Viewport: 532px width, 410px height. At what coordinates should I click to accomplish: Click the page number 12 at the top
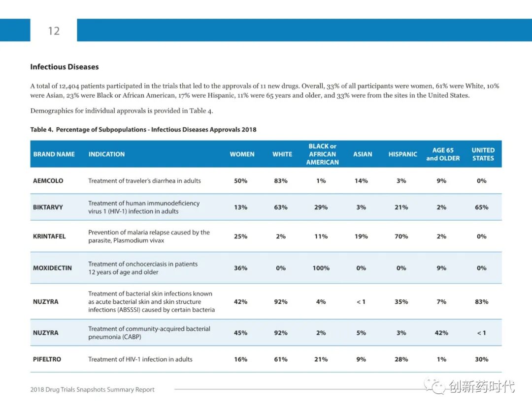click(x=54, y=31)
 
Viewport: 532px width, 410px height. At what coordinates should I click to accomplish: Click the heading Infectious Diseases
click(x=65, y=67)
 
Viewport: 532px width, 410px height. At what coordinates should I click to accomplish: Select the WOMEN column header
click(x=242, y=154)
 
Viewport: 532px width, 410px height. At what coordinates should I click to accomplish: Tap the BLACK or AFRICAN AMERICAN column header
click(x=323, y=154)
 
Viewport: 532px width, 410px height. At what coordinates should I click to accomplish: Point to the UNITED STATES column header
click(x=483, y=154)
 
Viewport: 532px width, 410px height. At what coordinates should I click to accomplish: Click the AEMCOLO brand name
click(x=48, y=181)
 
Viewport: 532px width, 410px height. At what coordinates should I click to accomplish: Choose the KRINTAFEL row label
click(x=49, y=236)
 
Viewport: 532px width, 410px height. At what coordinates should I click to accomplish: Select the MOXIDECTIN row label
click(x=52, y=268)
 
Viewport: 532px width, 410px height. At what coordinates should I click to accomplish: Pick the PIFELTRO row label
click(x=47, y=359)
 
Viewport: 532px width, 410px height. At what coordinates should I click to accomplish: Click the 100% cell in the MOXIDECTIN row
click(x=321, y=268)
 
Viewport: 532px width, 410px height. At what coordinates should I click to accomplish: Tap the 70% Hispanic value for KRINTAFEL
click(x=401, y=236)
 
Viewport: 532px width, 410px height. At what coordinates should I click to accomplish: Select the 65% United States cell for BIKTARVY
click(x=481, y=207)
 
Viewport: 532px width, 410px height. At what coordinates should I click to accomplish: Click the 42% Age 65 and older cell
click(x=441, y=333)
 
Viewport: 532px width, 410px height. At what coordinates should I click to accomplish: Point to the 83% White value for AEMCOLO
click(x=281, y=181)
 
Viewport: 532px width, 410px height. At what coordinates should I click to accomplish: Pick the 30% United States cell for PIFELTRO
click(x=481, y=359)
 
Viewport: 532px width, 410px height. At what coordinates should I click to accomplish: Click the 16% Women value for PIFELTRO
click(x=241, y=359)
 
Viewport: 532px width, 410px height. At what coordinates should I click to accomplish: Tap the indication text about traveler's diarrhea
click(x=144, y=181)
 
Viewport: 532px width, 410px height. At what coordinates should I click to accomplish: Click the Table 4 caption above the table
click(x=143, y=130)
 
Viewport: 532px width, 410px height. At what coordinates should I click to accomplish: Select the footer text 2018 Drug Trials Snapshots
click(x=92, y=390)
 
